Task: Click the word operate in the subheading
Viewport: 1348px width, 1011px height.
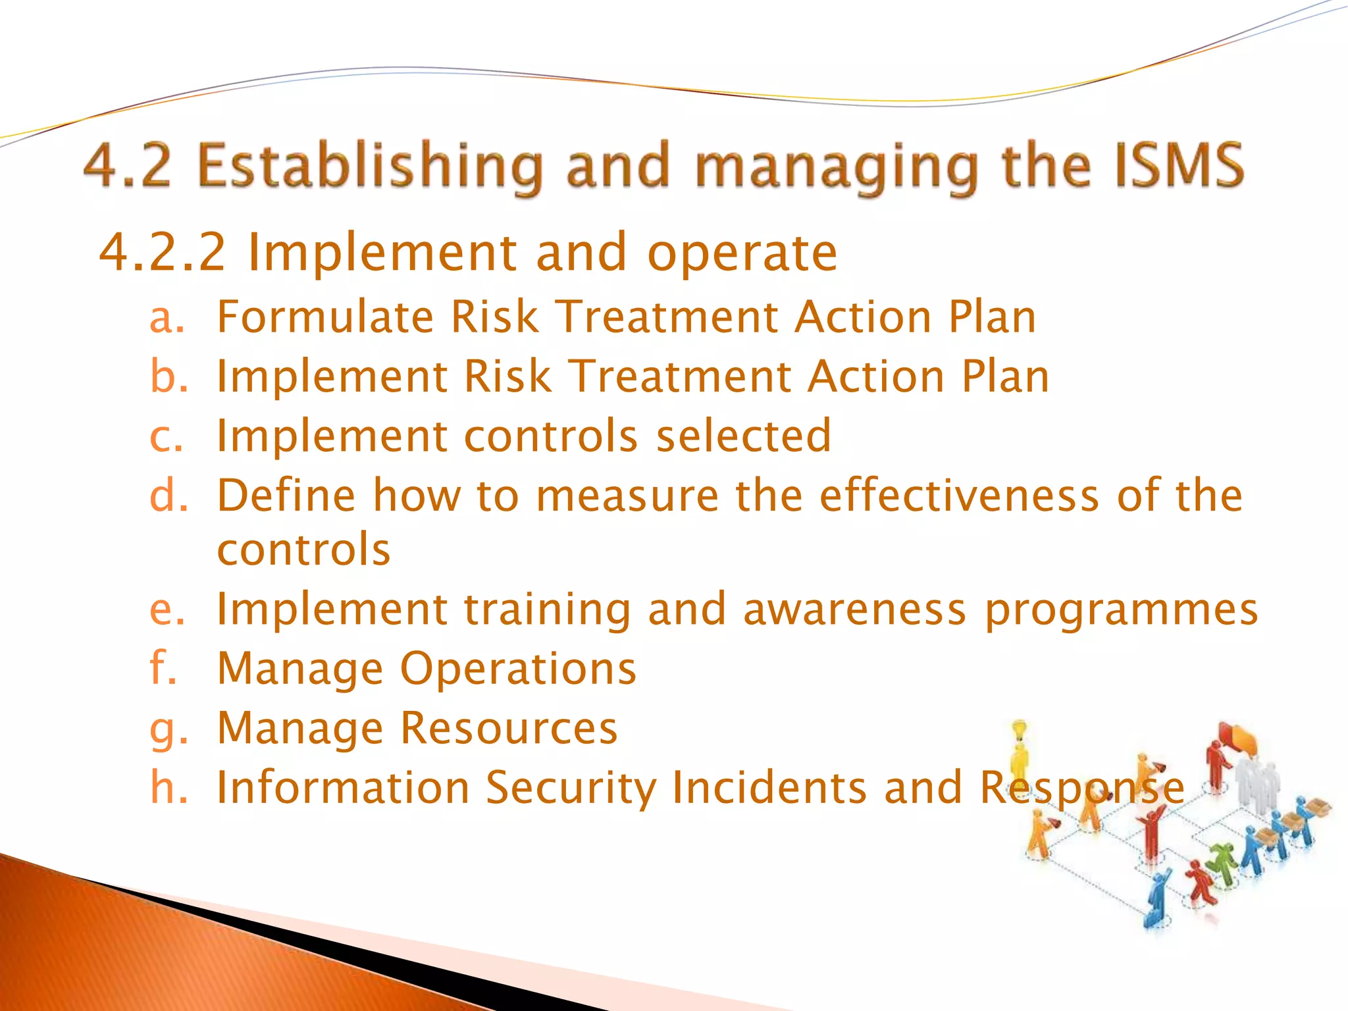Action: [x=742, y=253]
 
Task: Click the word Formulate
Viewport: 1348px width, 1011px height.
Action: [x=324, y=317]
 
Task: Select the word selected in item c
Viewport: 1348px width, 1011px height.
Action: [x=744, y=436]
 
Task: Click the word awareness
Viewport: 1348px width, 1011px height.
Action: [x=854, y=609]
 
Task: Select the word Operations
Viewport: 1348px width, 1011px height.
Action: [x=518, y=669]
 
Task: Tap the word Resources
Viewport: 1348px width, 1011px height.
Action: [x=509, y=728]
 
